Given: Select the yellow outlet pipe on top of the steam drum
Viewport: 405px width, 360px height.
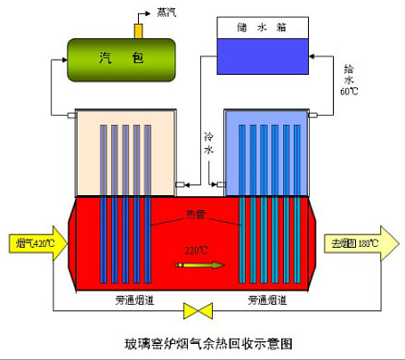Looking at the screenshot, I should pyautogui.click(x=138, y=30).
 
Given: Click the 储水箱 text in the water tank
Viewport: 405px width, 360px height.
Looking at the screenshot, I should pyautogui.click(x=262, y=28).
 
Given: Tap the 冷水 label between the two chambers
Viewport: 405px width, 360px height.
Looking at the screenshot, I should pyautogui.click(x=208, y=144).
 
